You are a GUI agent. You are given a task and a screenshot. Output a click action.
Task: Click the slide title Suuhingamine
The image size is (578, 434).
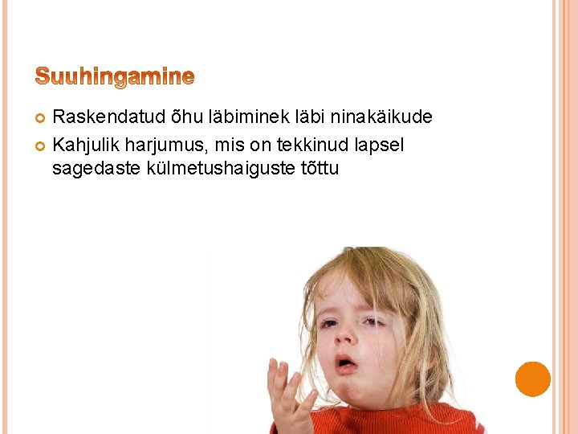115,77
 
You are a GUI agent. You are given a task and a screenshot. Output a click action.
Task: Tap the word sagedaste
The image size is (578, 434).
96,170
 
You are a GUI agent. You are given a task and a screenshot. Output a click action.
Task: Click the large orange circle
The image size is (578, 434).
533,379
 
